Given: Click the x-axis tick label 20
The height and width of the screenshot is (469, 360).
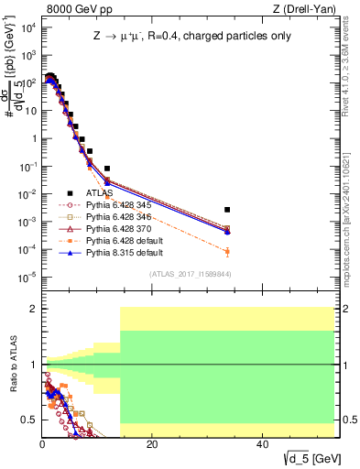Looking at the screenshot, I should click(152, 444).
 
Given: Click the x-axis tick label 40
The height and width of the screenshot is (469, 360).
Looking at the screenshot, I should click(262, 444).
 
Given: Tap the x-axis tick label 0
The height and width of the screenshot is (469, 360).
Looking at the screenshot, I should click(42, 444).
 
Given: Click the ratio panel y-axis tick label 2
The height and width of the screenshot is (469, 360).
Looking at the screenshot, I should click(32, 309).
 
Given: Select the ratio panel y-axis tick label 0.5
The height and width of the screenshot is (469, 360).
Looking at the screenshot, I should click(29, 420).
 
